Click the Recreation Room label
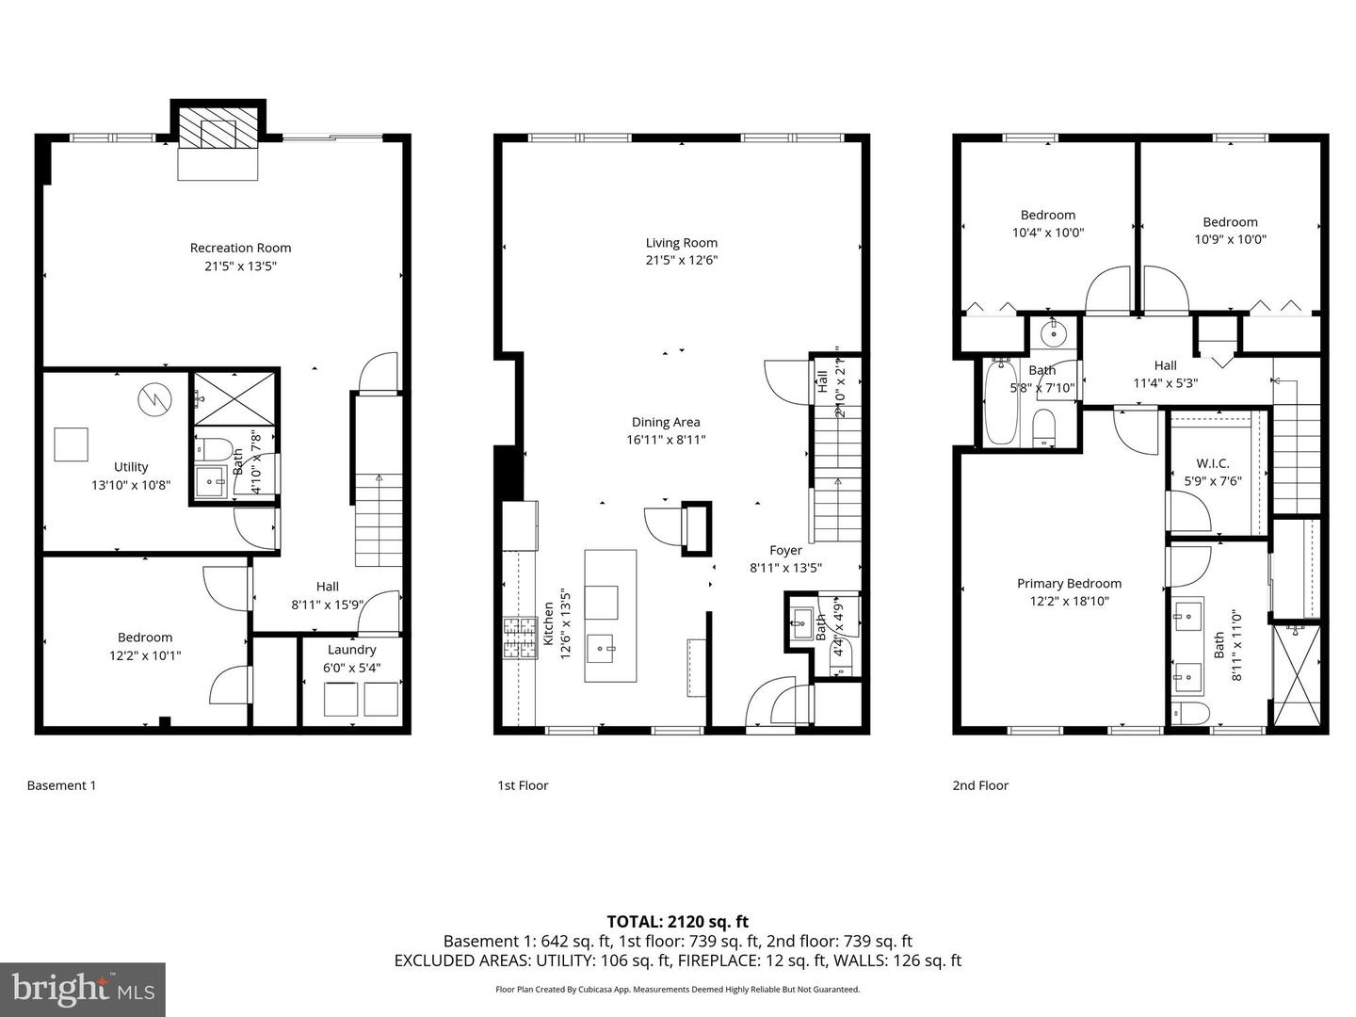click(x=240, y=248)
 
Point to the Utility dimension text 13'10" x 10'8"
click(x=131, y=485)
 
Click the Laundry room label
click(x=351, y=650)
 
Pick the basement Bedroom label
click(x=145, y=638)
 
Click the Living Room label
click(x=681, y=243)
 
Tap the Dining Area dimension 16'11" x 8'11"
click(x=666, y=440)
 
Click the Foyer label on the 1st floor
click(x=786, y=551)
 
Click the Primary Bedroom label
click(x=1069, y=584)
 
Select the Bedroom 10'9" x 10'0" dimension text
click(x=1230, y=239)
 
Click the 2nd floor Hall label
click(x=1165, y=365)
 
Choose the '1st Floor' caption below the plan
click(x=523, y=785)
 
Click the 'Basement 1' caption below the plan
click(x=61, y=785)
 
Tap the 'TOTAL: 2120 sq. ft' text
click(x=677, y=922)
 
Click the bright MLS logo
click(x=83, y=989)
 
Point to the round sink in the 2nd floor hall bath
click(x=1046, y=331)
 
